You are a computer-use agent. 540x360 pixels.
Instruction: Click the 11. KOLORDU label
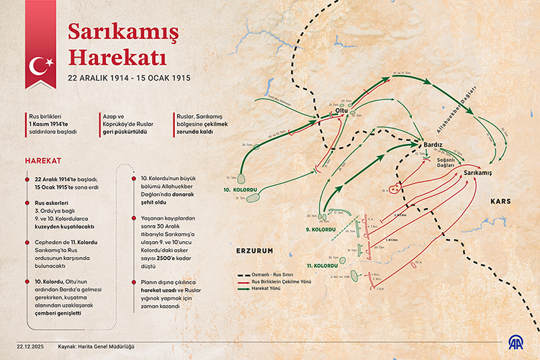click(322, 266)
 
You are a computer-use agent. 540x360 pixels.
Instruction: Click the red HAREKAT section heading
click(42, 159)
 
